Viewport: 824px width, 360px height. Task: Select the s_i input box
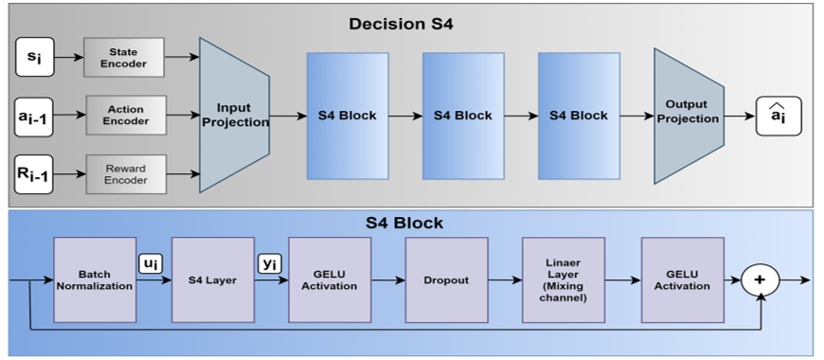pyautogui.click(x=33, y=58)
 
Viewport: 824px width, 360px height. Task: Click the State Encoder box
pyautogui.click(x=123, y=58)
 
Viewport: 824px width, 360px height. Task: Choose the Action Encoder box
pyautogui.click(x=125, y=116)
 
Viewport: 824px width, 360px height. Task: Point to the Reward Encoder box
pyautogui.click(x=125, y=174)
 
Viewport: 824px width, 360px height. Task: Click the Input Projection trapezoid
pyautogui.click(x=234, y=116)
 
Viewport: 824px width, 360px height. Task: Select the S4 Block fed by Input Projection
pyautogui.click(x=347, y=116)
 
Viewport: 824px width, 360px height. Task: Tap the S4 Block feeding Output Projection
pyautogui.click(x=579, y=116)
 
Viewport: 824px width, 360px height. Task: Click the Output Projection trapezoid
pyautogui.click(x=688, y=116)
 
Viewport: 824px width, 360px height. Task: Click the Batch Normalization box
pyautogui.click(x=95, y=279)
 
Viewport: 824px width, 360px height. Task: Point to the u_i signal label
pyautogui.click(x=150, y=262)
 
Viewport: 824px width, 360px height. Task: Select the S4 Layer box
pyautogui.click(x=212, y=279)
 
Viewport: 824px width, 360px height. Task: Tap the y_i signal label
pyautogui.click(x=268, y=262)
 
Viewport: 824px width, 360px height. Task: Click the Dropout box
pyautogui.click(x=446, y=279)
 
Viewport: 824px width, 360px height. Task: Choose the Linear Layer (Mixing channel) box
pyautogui.click(x=563, y=279)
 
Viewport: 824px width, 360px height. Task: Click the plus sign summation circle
pyautogui.click(x=760, y=280)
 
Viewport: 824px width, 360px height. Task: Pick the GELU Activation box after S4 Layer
pyautogui.click(x=330, y=279)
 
